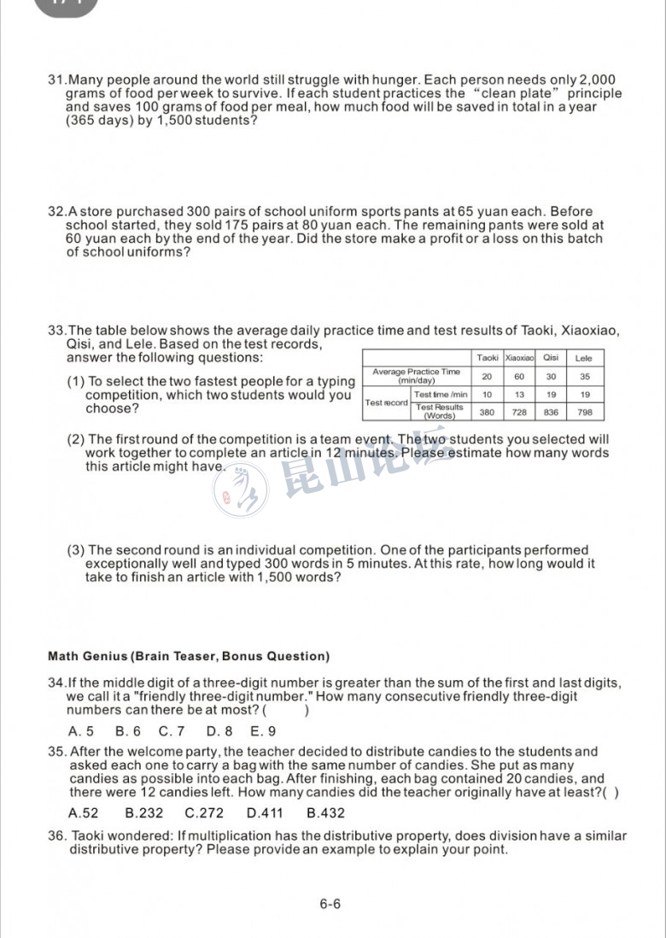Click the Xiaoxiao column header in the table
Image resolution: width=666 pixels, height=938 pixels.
[x=519, y=358]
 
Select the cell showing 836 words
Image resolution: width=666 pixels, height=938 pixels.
[x=551, y=412]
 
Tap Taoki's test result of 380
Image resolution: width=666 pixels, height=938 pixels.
[x=487, y=412]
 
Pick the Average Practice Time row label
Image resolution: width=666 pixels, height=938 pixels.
[x=416, y=376]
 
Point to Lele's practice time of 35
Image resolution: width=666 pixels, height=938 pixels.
[x=584, y=376]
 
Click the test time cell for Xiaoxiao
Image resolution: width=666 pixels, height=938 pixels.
[x=519, y=395]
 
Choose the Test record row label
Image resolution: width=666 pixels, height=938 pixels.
[x=386, y=403]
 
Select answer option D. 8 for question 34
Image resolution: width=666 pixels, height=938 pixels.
[x=219, y=731]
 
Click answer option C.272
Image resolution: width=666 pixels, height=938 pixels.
[x=204, y=813]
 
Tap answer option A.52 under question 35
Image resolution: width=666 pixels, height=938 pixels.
[x=83, y=813]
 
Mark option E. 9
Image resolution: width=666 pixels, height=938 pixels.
[x=263, y=731]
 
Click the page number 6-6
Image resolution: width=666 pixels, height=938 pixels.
[x=330, y=904]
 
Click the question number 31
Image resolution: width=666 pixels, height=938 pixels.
[x=56, y=79]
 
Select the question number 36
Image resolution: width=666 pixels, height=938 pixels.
[x=57, y=835]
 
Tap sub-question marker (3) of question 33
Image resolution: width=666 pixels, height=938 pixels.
[x=76, y=550]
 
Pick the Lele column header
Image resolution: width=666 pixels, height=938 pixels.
[x=584, y=358]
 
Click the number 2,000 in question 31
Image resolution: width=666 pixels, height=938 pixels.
[x=597, y=79]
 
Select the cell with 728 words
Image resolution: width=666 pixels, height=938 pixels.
[x=519, y=412]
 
